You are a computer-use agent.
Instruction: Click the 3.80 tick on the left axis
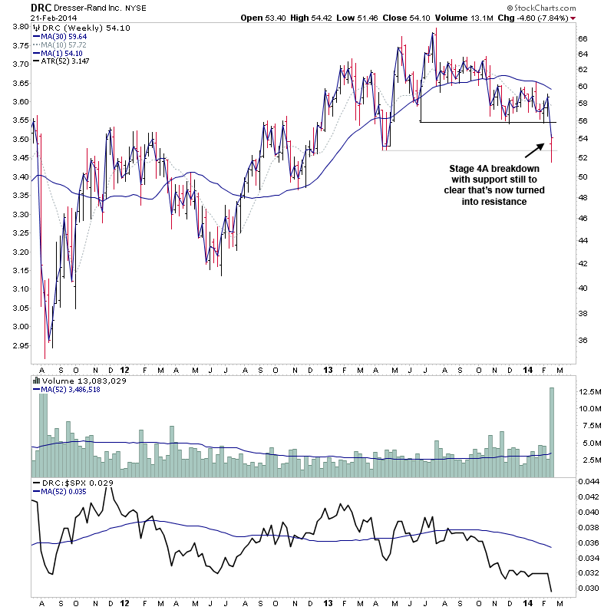pyautogui.click(x=18, y=27)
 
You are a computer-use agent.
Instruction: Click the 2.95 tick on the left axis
pyautogui.click(x=18, y=345)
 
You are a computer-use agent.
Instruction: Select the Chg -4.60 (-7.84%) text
pyautogui.click(x=543, y=18)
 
